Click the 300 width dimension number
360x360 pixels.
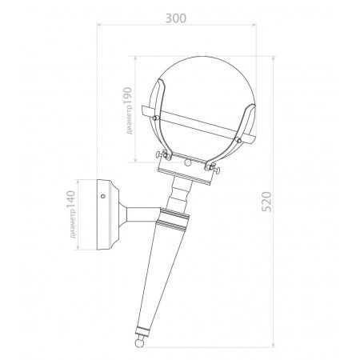click(x=176, y=18)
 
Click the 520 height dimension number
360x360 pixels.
click(x=266, y=202)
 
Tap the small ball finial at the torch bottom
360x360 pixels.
click(x=139, y=342)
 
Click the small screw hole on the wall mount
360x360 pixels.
click(x=103, y=196)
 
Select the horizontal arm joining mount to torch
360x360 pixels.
click(x=143, y=215)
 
